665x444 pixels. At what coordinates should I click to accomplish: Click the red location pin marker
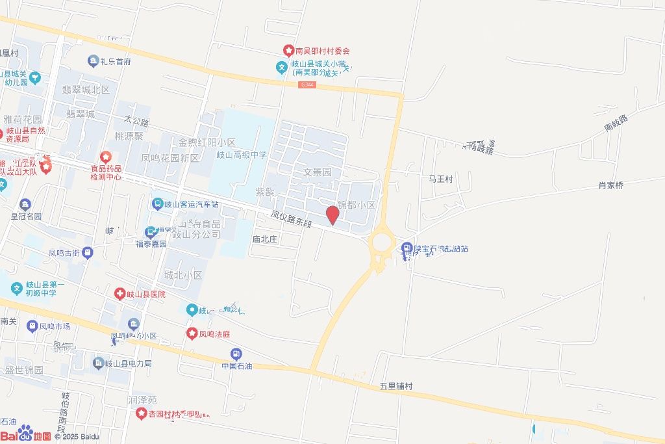coord(332,215)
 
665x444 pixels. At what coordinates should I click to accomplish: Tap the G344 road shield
coord(308,85)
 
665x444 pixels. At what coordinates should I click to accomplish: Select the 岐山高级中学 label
coord(242,155)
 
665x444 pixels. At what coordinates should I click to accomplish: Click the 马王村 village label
coord(440,178)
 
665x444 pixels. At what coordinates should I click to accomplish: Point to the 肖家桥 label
coord(610,185)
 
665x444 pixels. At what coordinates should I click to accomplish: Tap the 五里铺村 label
coord(396,386)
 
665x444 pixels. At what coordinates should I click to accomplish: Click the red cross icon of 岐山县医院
coord(119,294)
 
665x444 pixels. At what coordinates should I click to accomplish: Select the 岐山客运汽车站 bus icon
coord(157,203)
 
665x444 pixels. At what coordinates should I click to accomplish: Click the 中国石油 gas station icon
coord(236,354)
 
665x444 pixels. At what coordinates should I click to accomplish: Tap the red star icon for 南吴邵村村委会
coord(288,50)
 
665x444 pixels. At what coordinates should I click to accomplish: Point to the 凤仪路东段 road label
coord(292,218)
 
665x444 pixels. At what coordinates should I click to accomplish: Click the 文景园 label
coord(318,172)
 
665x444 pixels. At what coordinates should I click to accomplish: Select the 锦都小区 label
coord(357,205)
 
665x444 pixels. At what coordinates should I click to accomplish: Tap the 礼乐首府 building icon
coord(94,62)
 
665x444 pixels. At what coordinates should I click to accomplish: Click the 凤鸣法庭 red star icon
coord(192,334)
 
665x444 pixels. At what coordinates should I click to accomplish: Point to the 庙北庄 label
coord(264,239)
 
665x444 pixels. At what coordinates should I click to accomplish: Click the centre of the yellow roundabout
coord(381,244)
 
